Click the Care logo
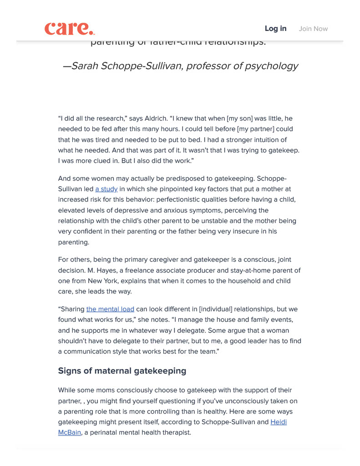[70, 28]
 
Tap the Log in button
[275, 29]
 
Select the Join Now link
[313, 29]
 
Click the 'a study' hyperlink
[106, 189]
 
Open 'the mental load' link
[110, 309]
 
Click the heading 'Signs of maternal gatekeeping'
[122, 370]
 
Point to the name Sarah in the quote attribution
[86, 66]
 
